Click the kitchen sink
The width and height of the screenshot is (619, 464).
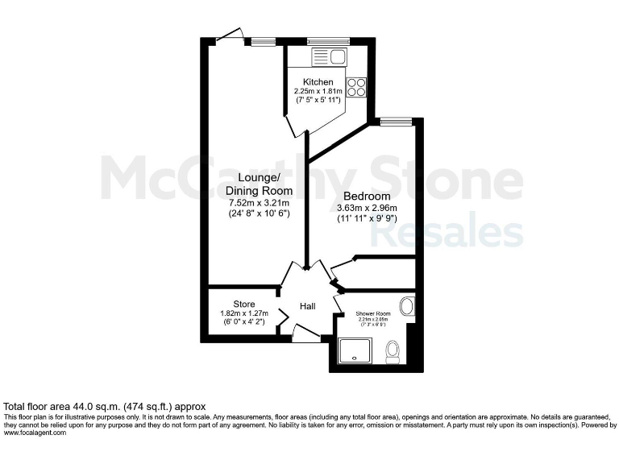[328, 56]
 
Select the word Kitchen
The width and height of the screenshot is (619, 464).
[318, 82]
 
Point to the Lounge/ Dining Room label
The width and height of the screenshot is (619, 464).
[259, 184]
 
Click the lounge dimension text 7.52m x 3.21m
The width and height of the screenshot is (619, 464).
[259, 203]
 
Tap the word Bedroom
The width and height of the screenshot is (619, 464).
[367, 197]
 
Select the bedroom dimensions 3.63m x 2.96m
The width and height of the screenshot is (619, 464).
[368, 208]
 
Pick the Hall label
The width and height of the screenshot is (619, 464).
[308, 307]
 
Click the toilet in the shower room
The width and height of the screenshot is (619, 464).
[393, 352]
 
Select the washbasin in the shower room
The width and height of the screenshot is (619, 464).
[408, 306]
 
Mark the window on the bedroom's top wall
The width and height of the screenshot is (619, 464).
[395, 122]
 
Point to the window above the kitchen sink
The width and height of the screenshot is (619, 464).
[328, 41]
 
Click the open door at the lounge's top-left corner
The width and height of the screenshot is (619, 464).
[227, 36]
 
